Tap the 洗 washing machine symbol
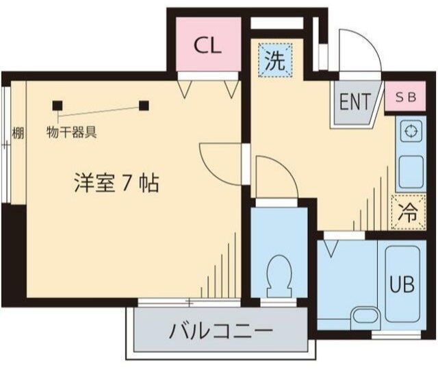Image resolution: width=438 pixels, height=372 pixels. point(274,62)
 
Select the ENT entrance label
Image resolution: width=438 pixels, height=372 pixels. point(354,103)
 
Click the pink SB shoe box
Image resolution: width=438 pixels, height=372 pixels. point(406,97)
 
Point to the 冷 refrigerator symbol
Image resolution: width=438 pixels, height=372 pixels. point(407,212)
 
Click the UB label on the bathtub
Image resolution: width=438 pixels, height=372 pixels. point(402,284)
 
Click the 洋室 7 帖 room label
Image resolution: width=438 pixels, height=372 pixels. point(116,182)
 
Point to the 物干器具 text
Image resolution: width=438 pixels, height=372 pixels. point(71,132)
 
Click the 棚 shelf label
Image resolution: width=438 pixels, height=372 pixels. point(18,133)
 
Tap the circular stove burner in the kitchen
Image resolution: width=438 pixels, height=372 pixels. point(411,132)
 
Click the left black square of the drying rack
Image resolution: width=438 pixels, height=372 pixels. point(57,105)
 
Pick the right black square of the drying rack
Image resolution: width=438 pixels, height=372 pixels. point(144,105)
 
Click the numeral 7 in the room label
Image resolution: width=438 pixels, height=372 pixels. point(127,183)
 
